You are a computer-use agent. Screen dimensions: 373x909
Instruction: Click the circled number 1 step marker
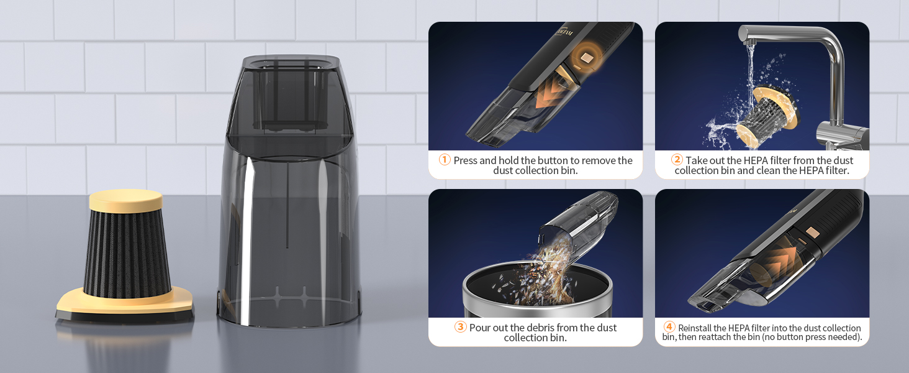click(445, 160)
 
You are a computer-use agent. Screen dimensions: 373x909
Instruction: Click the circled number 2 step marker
click(677, 160)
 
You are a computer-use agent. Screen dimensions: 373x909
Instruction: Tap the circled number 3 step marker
click(460, 327)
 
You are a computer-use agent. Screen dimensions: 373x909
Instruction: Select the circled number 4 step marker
click(669, 327)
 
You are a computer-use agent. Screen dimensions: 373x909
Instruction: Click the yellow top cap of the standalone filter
click(126, 201)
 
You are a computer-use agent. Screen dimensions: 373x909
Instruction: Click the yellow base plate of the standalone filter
click(124, 303)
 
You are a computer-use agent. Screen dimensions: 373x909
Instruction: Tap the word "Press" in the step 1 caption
click(466, 160)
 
